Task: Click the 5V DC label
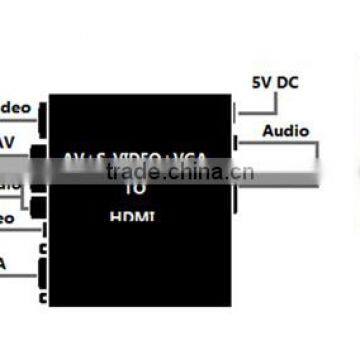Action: click(276, 84)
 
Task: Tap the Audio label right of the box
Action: click(285, 131)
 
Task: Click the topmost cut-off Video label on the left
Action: click(15, 108)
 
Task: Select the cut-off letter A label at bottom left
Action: click(4, 264)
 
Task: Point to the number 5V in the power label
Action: click(261, 84)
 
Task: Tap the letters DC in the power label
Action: click(288, 84)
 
